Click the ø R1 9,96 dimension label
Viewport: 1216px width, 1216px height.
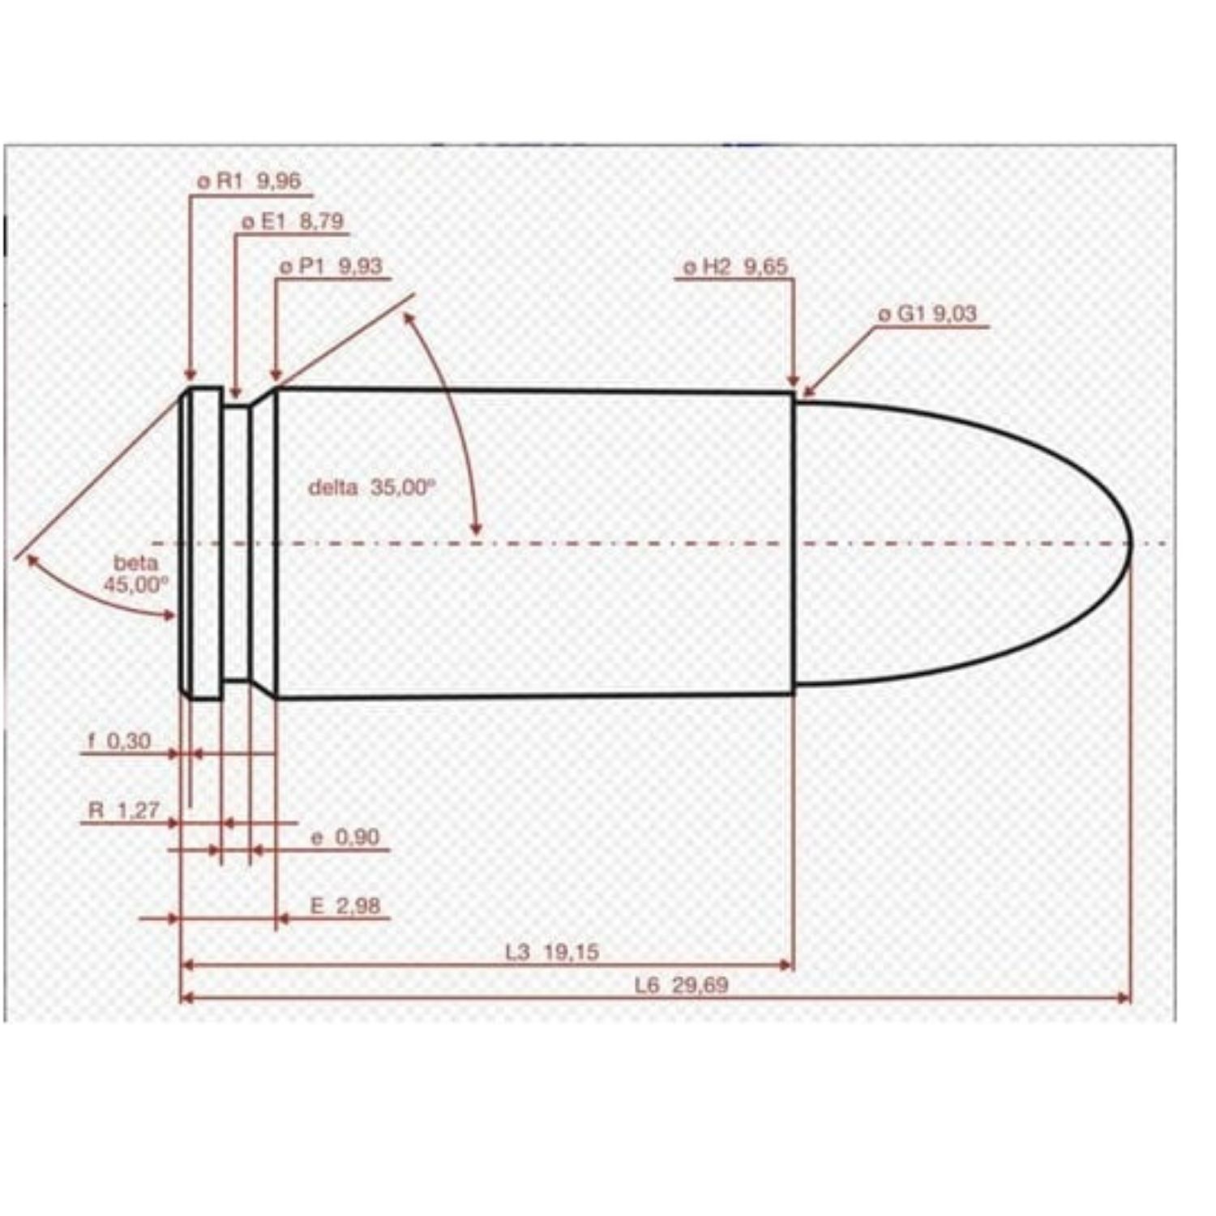(250, 182)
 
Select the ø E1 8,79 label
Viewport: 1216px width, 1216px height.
(293, 221)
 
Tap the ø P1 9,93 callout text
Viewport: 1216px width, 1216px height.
(331, 267)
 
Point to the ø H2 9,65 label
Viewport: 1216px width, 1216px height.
(735, 267)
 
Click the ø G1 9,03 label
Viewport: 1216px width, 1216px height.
(928, 314)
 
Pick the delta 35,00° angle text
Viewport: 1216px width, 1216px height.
(372, 487)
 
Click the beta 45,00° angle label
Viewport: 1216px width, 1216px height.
(136, 574)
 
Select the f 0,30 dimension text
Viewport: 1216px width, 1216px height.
(119, 741)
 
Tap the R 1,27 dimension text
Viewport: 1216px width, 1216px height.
(124, 810)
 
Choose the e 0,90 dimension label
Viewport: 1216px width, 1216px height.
(345, 837)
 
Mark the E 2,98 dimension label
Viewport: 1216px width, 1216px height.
(345, 906)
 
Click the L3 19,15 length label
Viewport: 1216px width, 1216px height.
(552, 952)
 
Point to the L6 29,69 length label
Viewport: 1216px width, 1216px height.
(682, 986)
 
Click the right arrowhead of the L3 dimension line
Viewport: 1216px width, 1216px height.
(786, 965)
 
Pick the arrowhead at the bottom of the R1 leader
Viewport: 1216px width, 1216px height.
(190, 375)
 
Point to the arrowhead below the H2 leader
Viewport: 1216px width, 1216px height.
(794, 382)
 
